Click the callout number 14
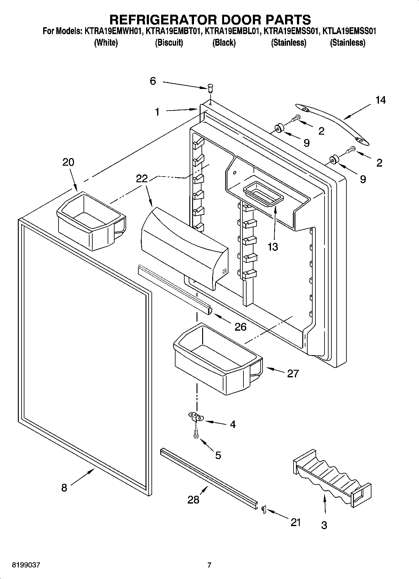pyautogui.click(x=381, y=100)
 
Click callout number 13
pyautogui.click(x=273, y=247)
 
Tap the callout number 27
pyautogui.click(x=293, y=373)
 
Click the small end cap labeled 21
pyautogui.click(x=263, y=510)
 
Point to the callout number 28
pyautogui.click(x=193, y=500)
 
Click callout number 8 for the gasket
pyautogui.click(x=64, y=488)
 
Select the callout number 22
pyautogui.click(x=142, y=178)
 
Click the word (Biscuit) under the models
pyautogui.click(x=169, y=43)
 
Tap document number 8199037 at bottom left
pyautogui.click(x=26, y=565)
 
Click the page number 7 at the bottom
pyautogui.click(x=209, y=565)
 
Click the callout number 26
pyautogui.click(x=241, y=327)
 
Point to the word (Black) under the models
pyautogui.click(x=224, y=43)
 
